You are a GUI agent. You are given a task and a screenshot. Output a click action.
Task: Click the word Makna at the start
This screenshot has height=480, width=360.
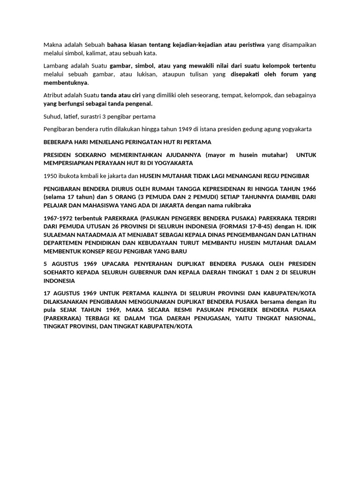click(53, 45)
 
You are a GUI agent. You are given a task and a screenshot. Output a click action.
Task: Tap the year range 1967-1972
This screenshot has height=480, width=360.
click(60, 218)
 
